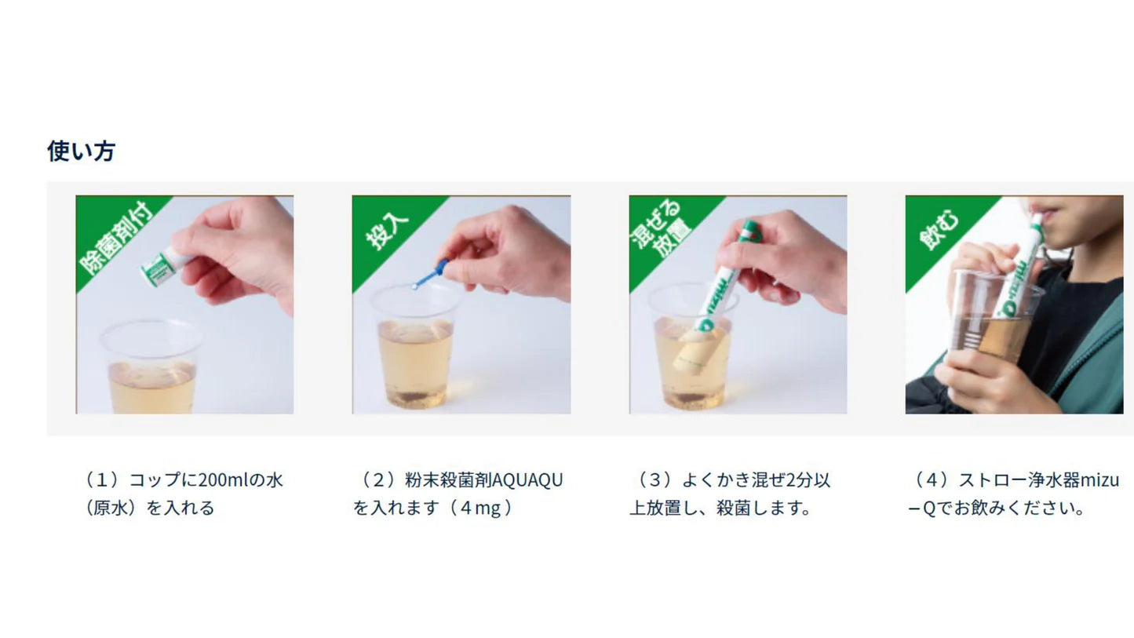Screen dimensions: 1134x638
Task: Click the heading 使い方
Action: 82,151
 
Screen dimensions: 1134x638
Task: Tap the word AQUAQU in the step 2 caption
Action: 527,480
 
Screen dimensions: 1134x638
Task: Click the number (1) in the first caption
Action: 102,480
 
